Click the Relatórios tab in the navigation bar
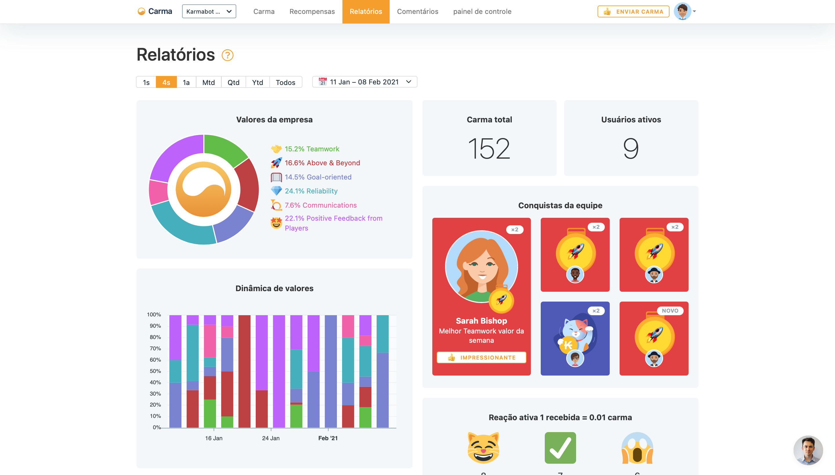[x=366, y=11]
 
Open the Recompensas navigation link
[x=312, y=11]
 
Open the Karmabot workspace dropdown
[x=209, y=11]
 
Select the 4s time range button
[x=166, y=82]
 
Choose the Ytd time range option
[x=257, y=82]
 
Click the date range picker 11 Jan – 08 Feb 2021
[x=364, y=82]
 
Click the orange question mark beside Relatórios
[x=227, y=55]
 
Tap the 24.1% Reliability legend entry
[x=311, y=191]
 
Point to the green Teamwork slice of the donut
[x=224, y=148]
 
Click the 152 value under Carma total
[x=489, y=149]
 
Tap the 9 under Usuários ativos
[x=631, y=149]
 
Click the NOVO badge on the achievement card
[x=670, y=311]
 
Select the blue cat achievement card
[x=575, y=338]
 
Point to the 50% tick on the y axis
[x=155, y=371]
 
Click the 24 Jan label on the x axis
[x=271, y=438]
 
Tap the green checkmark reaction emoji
[x=560, y=448]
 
